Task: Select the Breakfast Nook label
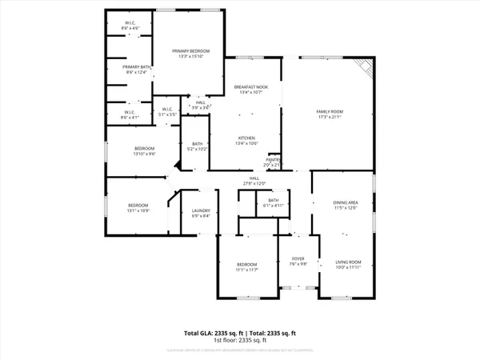250,86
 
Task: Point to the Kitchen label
246,138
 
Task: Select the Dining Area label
346,203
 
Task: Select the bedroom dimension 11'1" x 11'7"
246,269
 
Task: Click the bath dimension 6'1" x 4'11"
274,205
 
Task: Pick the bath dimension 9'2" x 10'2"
197,150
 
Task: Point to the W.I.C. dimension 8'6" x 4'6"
130,29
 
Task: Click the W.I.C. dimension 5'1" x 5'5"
168,114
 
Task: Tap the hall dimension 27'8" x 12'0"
254,184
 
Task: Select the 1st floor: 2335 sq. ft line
240,340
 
